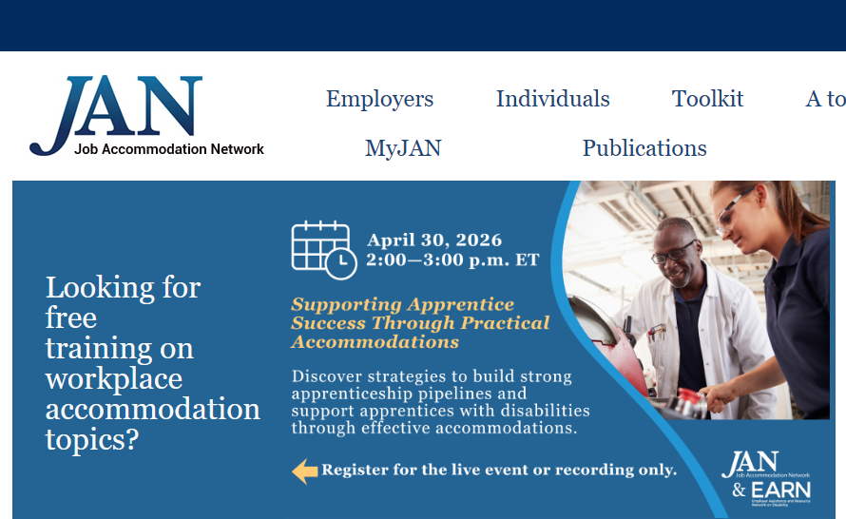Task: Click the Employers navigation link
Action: point(379,99)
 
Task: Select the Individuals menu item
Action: point(552,99)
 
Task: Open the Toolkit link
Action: point(707,99)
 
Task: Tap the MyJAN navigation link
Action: point(403,148)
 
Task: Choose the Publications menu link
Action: point(644,148)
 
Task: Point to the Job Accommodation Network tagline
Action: point(169,149)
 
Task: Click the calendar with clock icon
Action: point(323,249)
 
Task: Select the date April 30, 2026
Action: point(434,240)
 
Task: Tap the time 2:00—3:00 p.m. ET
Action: point(452,259)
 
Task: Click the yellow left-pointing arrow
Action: point(304,471)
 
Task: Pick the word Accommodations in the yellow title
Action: point(375,342)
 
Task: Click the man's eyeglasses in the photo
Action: point(673,254)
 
